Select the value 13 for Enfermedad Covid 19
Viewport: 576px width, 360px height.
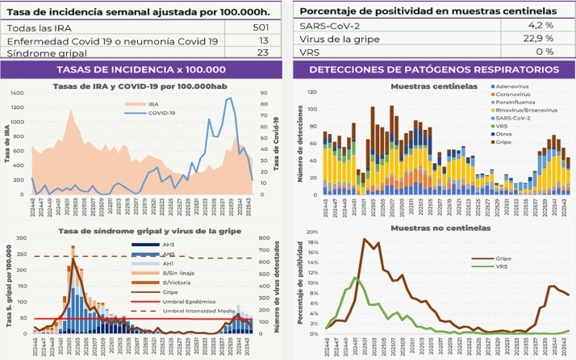[x=263, y=40]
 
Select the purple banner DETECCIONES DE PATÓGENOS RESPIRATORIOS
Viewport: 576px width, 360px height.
[x=433, y=70]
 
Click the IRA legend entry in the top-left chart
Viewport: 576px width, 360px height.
[x=152, y=104]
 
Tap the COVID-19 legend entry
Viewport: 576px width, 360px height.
[x=161, y=113]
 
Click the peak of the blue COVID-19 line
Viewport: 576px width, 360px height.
[x=231, y=98]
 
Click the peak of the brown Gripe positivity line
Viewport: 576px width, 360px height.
[x=365, y=239]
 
